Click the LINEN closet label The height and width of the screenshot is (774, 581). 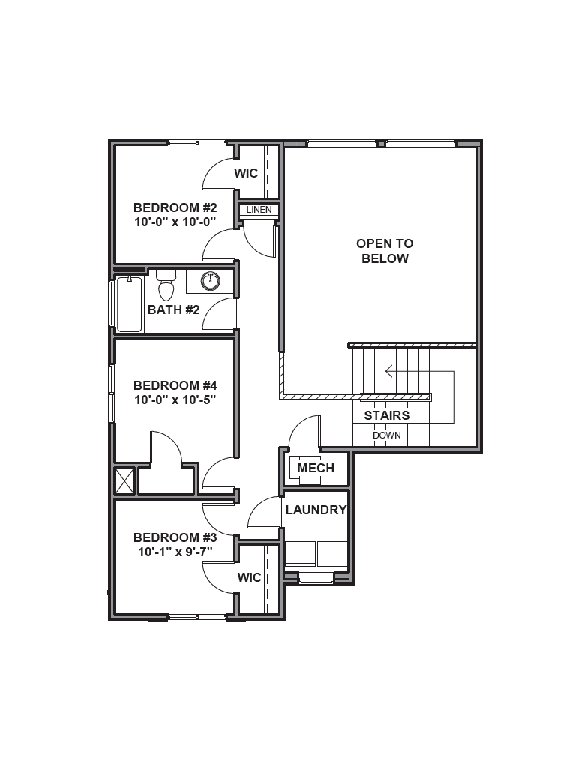tap(259, 210)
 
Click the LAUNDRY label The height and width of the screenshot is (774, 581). tap(316, 510)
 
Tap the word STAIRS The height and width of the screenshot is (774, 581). tap(387, 415)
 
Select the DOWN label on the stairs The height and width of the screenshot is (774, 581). tap(387, 435)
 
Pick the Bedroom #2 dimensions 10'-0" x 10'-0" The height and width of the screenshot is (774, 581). tap(175, 222)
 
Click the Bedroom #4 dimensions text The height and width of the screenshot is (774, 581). tap(175, 400)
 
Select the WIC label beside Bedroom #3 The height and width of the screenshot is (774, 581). tap(249, 577)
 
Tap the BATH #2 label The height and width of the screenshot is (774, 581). tap(173, 310)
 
